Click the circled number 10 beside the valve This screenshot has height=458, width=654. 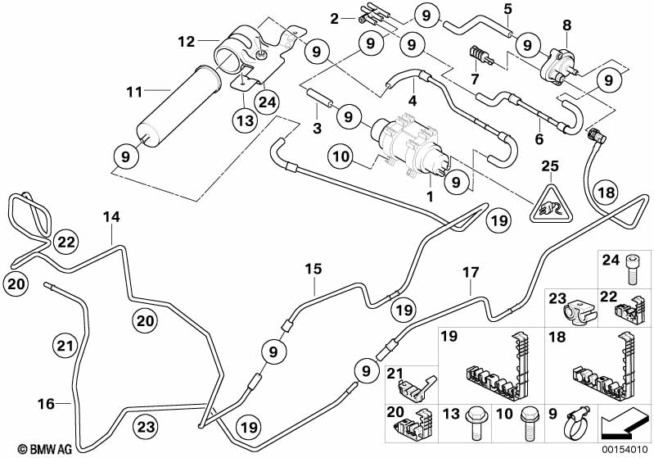tap(341, 154)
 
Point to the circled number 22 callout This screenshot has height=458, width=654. tap(66, 241)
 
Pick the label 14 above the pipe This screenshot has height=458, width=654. tap(111, 217)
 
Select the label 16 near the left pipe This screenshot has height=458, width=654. tap(46, 403)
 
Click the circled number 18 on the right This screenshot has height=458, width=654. tap(605, 193)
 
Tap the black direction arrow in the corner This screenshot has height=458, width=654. tap(625, 427)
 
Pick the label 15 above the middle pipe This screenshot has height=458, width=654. tap(315, 269)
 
